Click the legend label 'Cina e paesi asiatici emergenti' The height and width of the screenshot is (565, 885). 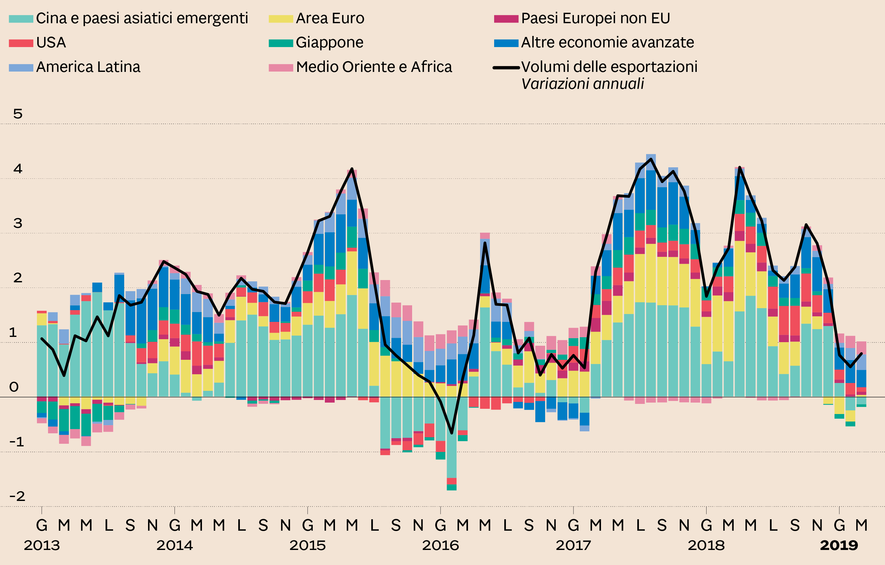point(142,18)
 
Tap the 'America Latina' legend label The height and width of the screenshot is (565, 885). point(88,67)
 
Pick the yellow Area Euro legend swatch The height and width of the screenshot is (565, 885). point(280,19)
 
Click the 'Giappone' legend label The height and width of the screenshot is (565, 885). point(329,42)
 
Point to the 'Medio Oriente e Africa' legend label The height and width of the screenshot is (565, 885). point(374,67)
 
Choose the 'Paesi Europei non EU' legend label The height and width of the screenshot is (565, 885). point(595,18)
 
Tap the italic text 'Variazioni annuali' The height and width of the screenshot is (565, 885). point(582,84)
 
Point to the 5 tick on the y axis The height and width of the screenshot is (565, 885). point(18,114)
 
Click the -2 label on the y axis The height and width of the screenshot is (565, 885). point(17,496)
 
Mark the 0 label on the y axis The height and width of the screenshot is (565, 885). point(14,387)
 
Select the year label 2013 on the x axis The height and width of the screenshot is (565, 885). point(42,545)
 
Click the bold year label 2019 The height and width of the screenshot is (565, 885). point(839,545)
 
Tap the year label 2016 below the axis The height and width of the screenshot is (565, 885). point(440,545)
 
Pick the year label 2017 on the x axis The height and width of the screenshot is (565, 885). point(573,545)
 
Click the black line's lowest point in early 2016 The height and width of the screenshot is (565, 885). point(452,433)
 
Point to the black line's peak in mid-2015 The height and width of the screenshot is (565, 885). point(352,169)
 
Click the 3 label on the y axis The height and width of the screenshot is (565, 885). point(18,223)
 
